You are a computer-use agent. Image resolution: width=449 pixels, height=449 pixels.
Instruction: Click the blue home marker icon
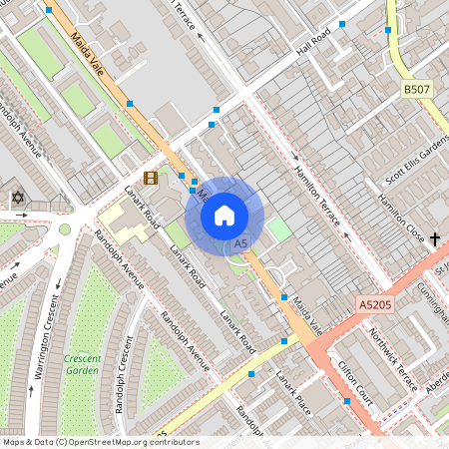224,215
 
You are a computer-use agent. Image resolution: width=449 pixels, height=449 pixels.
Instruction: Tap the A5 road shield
239,243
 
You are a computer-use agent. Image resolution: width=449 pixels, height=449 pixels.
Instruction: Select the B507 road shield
417,90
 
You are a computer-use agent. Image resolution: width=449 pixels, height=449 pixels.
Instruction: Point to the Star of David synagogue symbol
17,199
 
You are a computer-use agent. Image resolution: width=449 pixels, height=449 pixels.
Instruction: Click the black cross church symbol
435,238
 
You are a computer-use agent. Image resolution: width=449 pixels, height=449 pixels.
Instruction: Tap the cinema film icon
150,179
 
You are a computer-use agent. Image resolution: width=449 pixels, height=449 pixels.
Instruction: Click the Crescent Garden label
82,364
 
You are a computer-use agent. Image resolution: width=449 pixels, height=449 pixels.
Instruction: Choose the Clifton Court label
355,378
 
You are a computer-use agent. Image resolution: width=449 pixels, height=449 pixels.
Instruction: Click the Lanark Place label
293,393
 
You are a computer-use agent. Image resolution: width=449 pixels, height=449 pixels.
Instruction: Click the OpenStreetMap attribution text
100,442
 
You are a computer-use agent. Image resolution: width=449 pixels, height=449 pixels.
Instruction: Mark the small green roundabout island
65,228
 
